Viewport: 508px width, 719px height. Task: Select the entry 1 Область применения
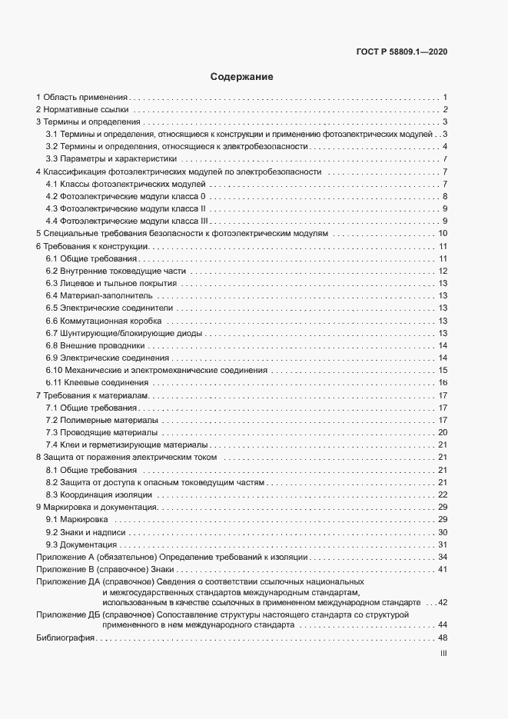point(81,98)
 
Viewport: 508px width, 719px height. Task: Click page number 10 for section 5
point(443,234)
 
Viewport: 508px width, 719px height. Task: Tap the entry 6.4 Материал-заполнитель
point(99,295)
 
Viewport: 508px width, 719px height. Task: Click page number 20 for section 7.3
point(443,432)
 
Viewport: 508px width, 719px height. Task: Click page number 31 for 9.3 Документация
point(443,544)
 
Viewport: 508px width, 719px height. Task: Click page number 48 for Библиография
point(443,638)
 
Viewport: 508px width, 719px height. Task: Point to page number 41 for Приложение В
point(443,569)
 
